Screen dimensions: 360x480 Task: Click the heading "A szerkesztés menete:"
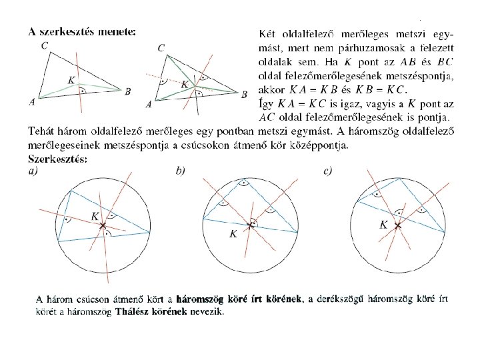[83, 31]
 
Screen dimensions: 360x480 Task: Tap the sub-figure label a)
[33, 171]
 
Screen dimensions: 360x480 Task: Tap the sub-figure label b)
[180, 171]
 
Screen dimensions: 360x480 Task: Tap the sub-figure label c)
[327, 171]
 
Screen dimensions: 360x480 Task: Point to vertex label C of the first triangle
[43, 45]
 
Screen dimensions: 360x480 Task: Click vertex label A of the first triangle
[32, 102]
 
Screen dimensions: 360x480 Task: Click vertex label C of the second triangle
[161, 48]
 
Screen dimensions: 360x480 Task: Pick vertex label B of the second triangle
[244, 94]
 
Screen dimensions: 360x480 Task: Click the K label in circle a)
[95, 216]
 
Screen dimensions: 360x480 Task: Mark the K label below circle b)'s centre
[233, 234]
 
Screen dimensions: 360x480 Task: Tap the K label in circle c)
[384, 225]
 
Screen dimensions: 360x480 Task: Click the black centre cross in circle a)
[103, 227]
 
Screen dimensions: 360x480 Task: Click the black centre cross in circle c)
[398, 227]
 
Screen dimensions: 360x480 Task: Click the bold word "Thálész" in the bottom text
[133, 311]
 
